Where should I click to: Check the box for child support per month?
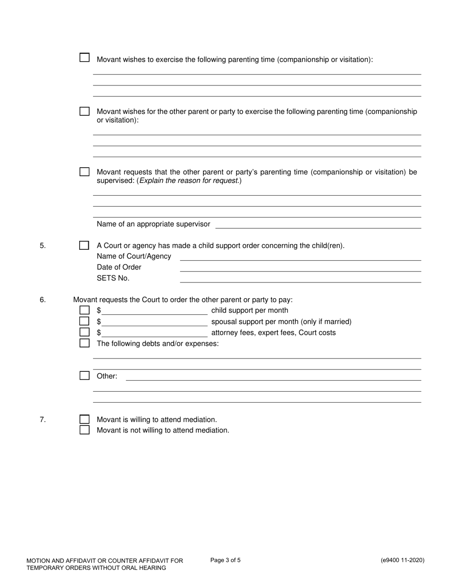coord(85,310)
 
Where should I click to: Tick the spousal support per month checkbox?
coord(85,321)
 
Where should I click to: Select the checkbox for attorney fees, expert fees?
coord(85,332)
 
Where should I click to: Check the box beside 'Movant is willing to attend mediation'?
coord(85,419)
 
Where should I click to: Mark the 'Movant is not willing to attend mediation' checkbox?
coord(85,430)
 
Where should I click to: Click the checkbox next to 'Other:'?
coord(85,376)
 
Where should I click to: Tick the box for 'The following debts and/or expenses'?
coord(85,343)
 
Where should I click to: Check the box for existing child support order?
coord(84,245)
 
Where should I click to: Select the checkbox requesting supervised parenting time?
coord(85,172)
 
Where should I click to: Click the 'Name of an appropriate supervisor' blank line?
coord(318,225)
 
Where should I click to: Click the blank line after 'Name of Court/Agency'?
coord(301,256)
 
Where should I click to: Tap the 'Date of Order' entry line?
coord(301,267)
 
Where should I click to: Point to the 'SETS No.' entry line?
coord(301,278)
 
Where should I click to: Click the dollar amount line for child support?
coord(154,311)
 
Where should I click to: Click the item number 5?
coord(43,245)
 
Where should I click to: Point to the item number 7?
coord(43,419)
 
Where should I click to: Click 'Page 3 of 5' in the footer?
coord(225,560)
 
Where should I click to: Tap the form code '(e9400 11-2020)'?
coord(403,560)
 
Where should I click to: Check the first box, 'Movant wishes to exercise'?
coord(85,57)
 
